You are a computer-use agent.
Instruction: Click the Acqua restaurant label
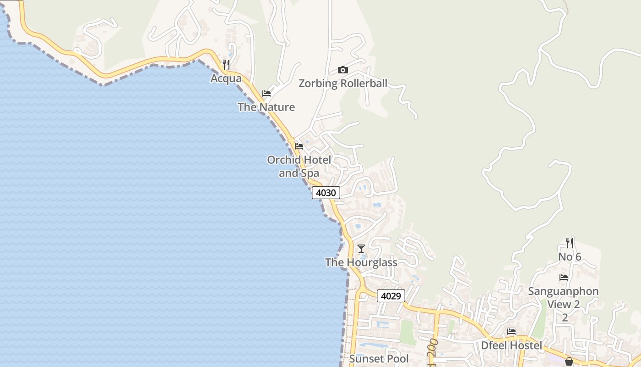click(226, 78)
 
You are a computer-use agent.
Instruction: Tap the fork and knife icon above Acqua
click(226, 64)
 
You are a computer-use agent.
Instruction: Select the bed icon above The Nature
click(266, 94)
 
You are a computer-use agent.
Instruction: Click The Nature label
click(266, 107)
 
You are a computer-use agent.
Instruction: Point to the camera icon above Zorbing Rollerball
click(342, 70)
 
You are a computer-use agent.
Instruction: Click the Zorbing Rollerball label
click(342, 83)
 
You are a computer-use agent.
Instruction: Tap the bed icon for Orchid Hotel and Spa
click(299, 146)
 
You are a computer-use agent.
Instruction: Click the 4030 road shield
click(326, 193)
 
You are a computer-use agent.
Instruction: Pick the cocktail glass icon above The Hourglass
click(361, 249)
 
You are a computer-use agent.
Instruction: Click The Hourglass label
click(361, 262)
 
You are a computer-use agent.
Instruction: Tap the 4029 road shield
click(391, 296)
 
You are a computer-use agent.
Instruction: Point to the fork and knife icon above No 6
click(569, 243)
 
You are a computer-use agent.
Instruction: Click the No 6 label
click(570, 257)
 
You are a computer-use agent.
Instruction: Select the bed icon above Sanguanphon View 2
click(564, 278)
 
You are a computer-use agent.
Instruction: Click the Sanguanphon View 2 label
click(563, 298)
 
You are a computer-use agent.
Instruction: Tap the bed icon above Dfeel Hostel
click(511, 332)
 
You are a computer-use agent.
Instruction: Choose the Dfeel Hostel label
click(511, 345)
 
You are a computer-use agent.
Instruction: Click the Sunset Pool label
click(379, 358)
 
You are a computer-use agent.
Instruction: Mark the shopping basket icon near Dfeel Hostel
click(569, 361)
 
